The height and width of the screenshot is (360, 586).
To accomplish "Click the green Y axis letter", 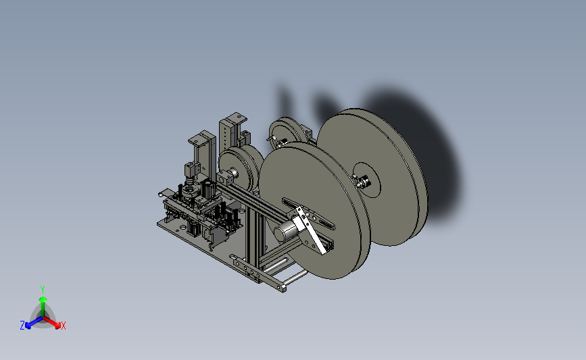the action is click(x=42, y=290).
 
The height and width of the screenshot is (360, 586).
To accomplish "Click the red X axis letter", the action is click(x=63, y=326).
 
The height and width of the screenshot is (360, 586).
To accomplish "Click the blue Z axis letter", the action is click(x=22, y=326).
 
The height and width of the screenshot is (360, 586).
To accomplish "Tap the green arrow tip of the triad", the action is click(x=43, y=299).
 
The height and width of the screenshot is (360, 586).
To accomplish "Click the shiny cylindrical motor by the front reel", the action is click(x=284, y=231).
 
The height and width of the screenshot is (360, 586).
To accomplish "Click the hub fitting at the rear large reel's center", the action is click(x=361, y=182).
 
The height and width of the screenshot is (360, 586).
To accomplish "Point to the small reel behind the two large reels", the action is click(x=286, y=132).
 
